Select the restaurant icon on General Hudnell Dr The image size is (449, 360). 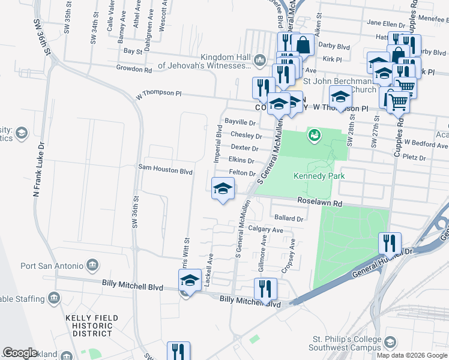[390, 243]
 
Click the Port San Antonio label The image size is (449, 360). [52, 266]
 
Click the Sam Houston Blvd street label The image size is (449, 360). [165, 170]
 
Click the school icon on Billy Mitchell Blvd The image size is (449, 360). [190, 280]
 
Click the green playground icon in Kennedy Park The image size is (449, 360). [313, 136]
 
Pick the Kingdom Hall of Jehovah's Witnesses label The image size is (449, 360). [204, 61]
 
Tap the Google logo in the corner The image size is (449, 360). [20, 353]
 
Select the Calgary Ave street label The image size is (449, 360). [265, 230]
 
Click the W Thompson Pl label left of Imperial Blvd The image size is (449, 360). [158, 94]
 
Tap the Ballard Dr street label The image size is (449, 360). [288, 218]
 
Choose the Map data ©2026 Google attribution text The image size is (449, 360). [412, 355]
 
